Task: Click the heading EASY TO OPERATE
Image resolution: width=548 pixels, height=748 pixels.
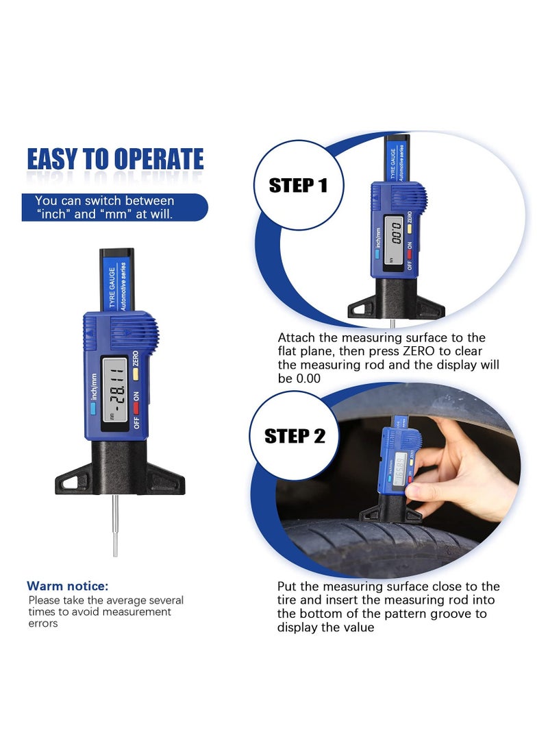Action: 115,159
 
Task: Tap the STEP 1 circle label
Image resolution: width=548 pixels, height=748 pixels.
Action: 298,185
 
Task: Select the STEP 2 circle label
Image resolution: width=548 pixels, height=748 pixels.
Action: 295,435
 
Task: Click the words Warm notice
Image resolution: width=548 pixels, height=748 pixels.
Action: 68,586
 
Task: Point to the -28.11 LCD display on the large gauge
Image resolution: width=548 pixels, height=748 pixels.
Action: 115,389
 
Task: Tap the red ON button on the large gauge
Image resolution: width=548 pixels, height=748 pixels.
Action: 136,408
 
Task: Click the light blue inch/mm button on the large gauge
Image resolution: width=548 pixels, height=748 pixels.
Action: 93,409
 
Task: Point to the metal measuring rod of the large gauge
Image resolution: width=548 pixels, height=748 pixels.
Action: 115,525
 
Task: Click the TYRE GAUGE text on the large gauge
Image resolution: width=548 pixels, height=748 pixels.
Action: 112,287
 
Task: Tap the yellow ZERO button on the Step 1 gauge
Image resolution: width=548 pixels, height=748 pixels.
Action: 410,229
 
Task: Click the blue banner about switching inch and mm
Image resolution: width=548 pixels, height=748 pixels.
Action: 114,207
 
